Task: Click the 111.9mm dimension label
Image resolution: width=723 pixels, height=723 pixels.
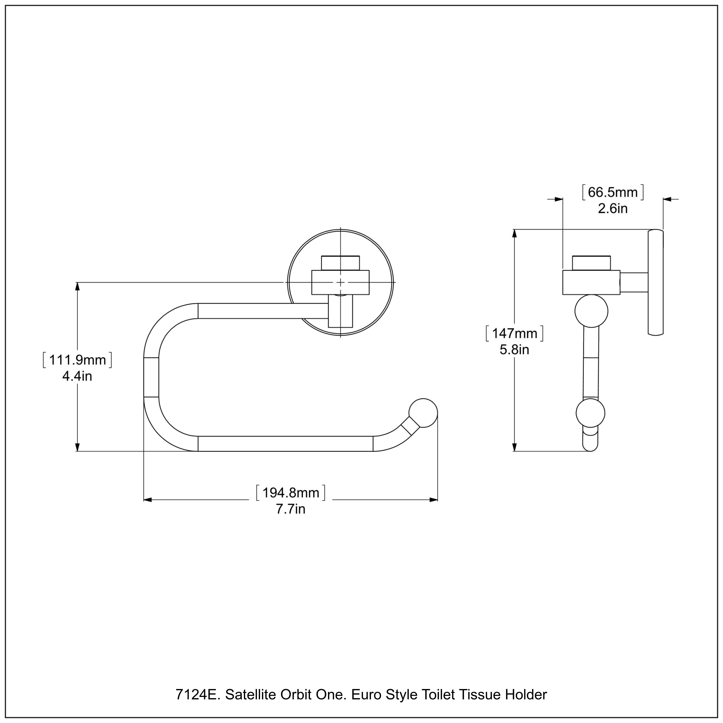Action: coord(77,360)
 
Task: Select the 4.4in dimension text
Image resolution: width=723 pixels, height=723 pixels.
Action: coord(77,376)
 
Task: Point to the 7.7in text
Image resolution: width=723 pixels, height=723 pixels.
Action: coord(290,509)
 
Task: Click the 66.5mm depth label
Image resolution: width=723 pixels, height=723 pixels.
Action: coord(613,192)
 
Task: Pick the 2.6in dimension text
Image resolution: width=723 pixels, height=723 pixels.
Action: coord(613,208)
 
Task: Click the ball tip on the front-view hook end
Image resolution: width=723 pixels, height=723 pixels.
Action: coord(423,413)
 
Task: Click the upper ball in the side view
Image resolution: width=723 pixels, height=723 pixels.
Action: coord(591,311)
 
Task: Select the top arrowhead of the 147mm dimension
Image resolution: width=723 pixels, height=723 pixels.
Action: coord(515,234)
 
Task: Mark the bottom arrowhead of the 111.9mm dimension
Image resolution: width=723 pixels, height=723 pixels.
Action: coord(77,447)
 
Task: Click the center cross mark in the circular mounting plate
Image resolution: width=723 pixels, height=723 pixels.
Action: coord(340,282)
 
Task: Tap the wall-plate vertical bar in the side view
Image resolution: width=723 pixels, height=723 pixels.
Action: coord(655,282)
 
